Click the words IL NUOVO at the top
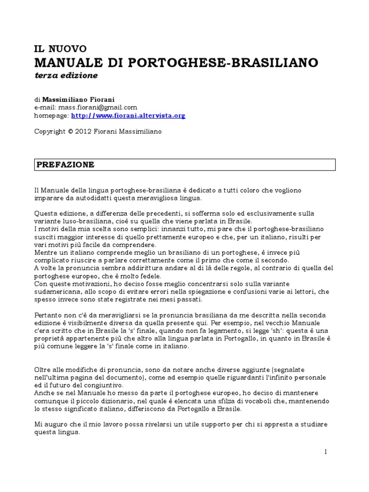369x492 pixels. (60, 49)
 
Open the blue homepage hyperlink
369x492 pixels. (128, 115)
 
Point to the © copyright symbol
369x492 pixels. (70, 131)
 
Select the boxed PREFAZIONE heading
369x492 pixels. (65, 165)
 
